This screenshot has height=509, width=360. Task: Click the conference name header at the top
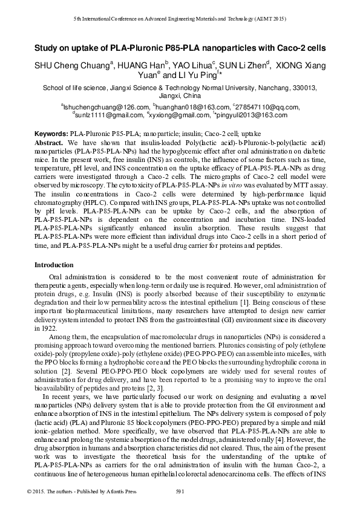pos(180,19)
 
